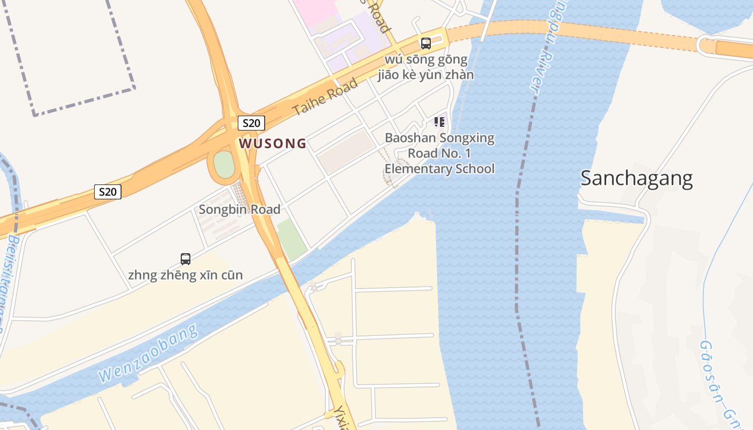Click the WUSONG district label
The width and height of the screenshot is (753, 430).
tap(273, 144)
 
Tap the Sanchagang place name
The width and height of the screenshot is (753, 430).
tap(636, 178)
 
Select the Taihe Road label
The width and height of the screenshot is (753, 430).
tap(324, 97)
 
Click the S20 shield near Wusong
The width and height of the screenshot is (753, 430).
tap(251, 123)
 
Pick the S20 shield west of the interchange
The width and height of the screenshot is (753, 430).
tap(108, 191)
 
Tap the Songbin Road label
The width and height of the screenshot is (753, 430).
tap(239, 209)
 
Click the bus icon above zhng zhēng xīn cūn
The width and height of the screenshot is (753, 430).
tap(186, 259)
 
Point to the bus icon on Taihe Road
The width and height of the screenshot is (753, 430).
tap(426, 44)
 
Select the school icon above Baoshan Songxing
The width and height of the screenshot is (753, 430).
tap(439, 123)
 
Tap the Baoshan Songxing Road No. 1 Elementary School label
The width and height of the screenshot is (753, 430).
tap(439, 153)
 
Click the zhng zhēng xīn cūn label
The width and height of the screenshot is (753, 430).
tap(185, 275)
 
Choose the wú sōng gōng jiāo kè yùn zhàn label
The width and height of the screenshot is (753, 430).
tap(425, 67)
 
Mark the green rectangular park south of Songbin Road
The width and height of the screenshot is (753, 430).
tap(290, 239)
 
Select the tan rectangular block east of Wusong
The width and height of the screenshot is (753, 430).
tap(346, 152)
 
